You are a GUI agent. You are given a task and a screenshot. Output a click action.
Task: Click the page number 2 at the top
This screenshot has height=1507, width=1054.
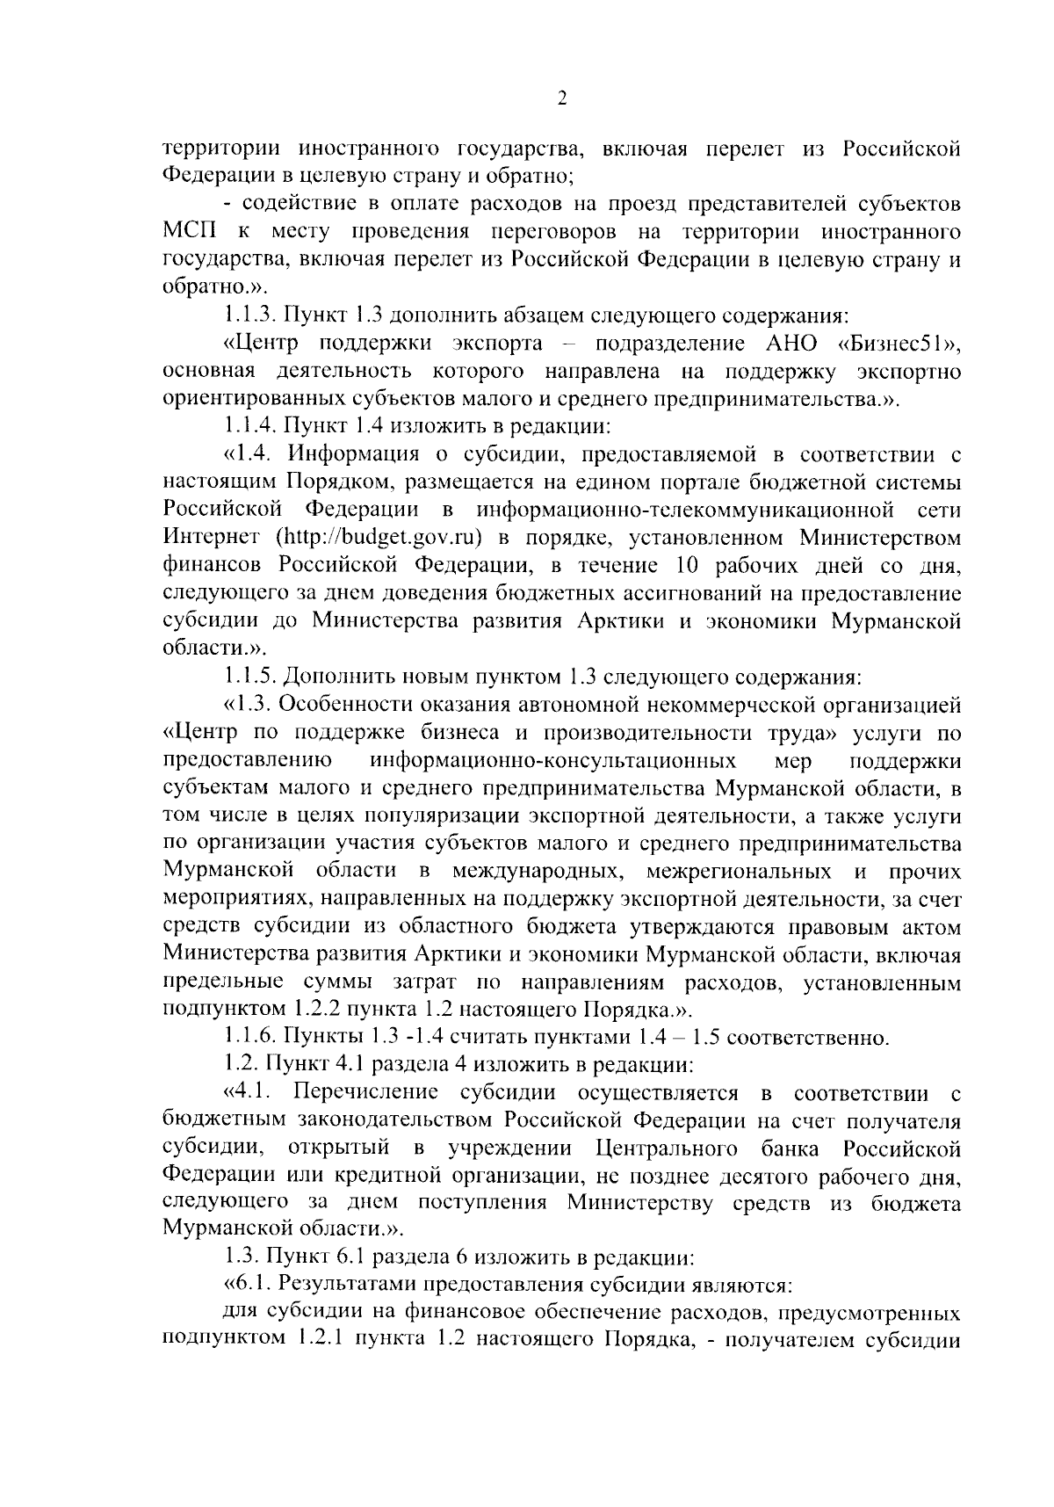(x=562, y=98)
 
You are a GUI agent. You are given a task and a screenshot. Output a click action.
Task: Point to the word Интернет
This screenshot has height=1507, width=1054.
(x=211, y=537)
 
